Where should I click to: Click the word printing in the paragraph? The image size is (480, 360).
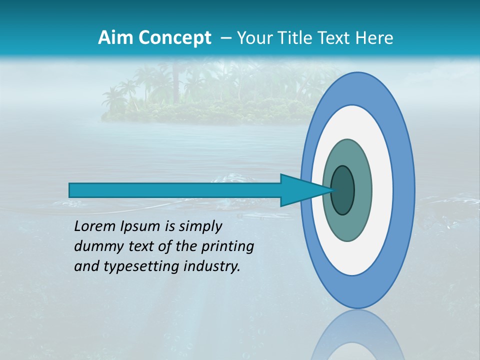(x=227, y=246)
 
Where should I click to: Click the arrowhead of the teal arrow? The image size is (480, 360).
(x=300, y=190)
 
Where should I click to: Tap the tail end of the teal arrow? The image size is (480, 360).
(x=72, y=190)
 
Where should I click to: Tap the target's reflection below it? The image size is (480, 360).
(x=357, y=337)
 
